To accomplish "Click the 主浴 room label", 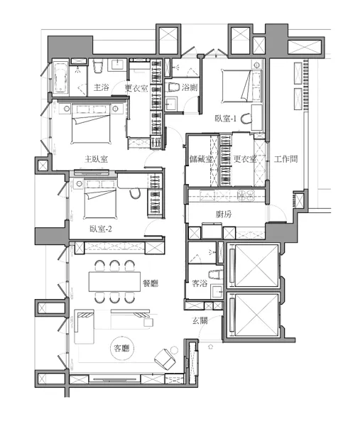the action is point(102,87).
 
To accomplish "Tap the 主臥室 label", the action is point(96,159).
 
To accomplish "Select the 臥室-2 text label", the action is point(101,229).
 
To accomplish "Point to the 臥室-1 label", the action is point(225,119).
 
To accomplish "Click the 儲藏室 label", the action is point(202,159).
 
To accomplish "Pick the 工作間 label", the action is point(286,159).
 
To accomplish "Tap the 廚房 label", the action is point(224,214).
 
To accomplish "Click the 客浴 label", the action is point(200,283).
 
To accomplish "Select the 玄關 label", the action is point(200,320).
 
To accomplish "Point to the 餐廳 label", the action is point(151,283).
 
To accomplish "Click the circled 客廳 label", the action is point(122,348).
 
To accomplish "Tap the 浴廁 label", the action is point(190,87).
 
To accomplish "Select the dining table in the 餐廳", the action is point(114,281).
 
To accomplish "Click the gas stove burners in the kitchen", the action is point(246,195).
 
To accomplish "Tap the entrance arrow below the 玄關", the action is point(211,347).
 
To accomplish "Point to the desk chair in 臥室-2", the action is point(134,194).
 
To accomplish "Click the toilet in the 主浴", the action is point(98,67).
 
